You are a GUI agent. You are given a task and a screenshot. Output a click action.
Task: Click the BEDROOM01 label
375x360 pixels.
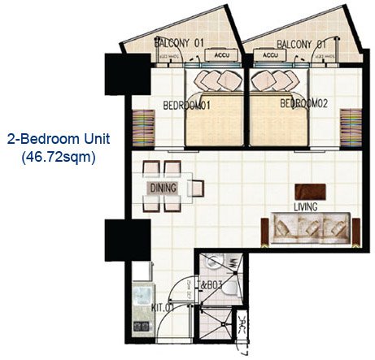[x=187, y=105]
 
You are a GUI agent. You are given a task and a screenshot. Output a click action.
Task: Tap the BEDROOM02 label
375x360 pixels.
[x=303, y=104]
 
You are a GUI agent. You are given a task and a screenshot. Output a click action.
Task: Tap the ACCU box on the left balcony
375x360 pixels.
[x=219, y=55]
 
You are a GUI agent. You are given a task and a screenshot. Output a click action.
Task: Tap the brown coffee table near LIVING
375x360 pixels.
[x=311, y=192]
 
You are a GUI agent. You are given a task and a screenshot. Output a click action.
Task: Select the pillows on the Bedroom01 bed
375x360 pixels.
[x=215, y=80]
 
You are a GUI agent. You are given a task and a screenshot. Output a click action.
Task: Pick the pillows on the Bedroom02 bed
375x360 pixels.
[x=275, y=80]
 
